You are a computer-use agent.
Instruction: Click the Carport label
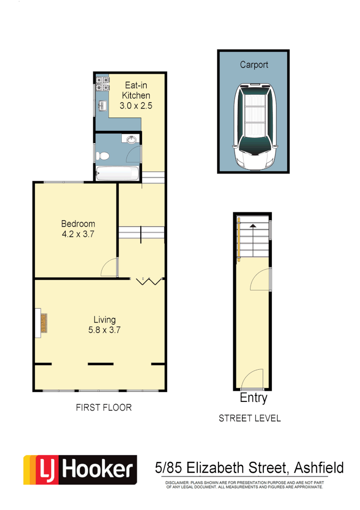(254, 65)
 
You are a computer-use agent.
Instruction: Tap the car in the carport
(254, 127)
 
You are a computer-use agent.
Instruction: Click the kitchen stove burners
(102, 84)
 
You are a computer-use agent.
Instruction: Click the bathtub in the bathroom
(117, 174)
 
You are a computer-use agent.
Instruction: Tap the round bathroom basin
(132, 139)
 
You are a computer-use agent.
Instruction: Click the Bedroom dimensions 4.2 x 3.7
(78, 234)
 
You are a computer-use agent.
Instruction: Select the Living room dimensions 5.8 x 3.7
(104, 331)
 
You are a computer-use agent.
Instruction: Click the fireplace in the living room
(42, 323)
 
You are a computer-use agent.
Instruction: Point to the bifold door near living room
(150, 282)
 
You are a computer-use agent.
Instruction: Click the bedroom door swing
(109, 268)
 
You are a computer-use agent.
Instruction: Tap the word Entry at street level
(253, 398)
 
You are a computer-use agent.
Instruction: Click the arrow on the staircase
(254, 227)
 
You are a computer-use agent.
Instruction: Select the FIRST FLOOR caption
(104, 408)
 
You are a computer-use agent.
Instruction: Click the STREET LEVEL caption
(250, 418)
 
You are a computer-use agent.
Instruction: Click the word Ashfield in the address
(318, 468)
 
